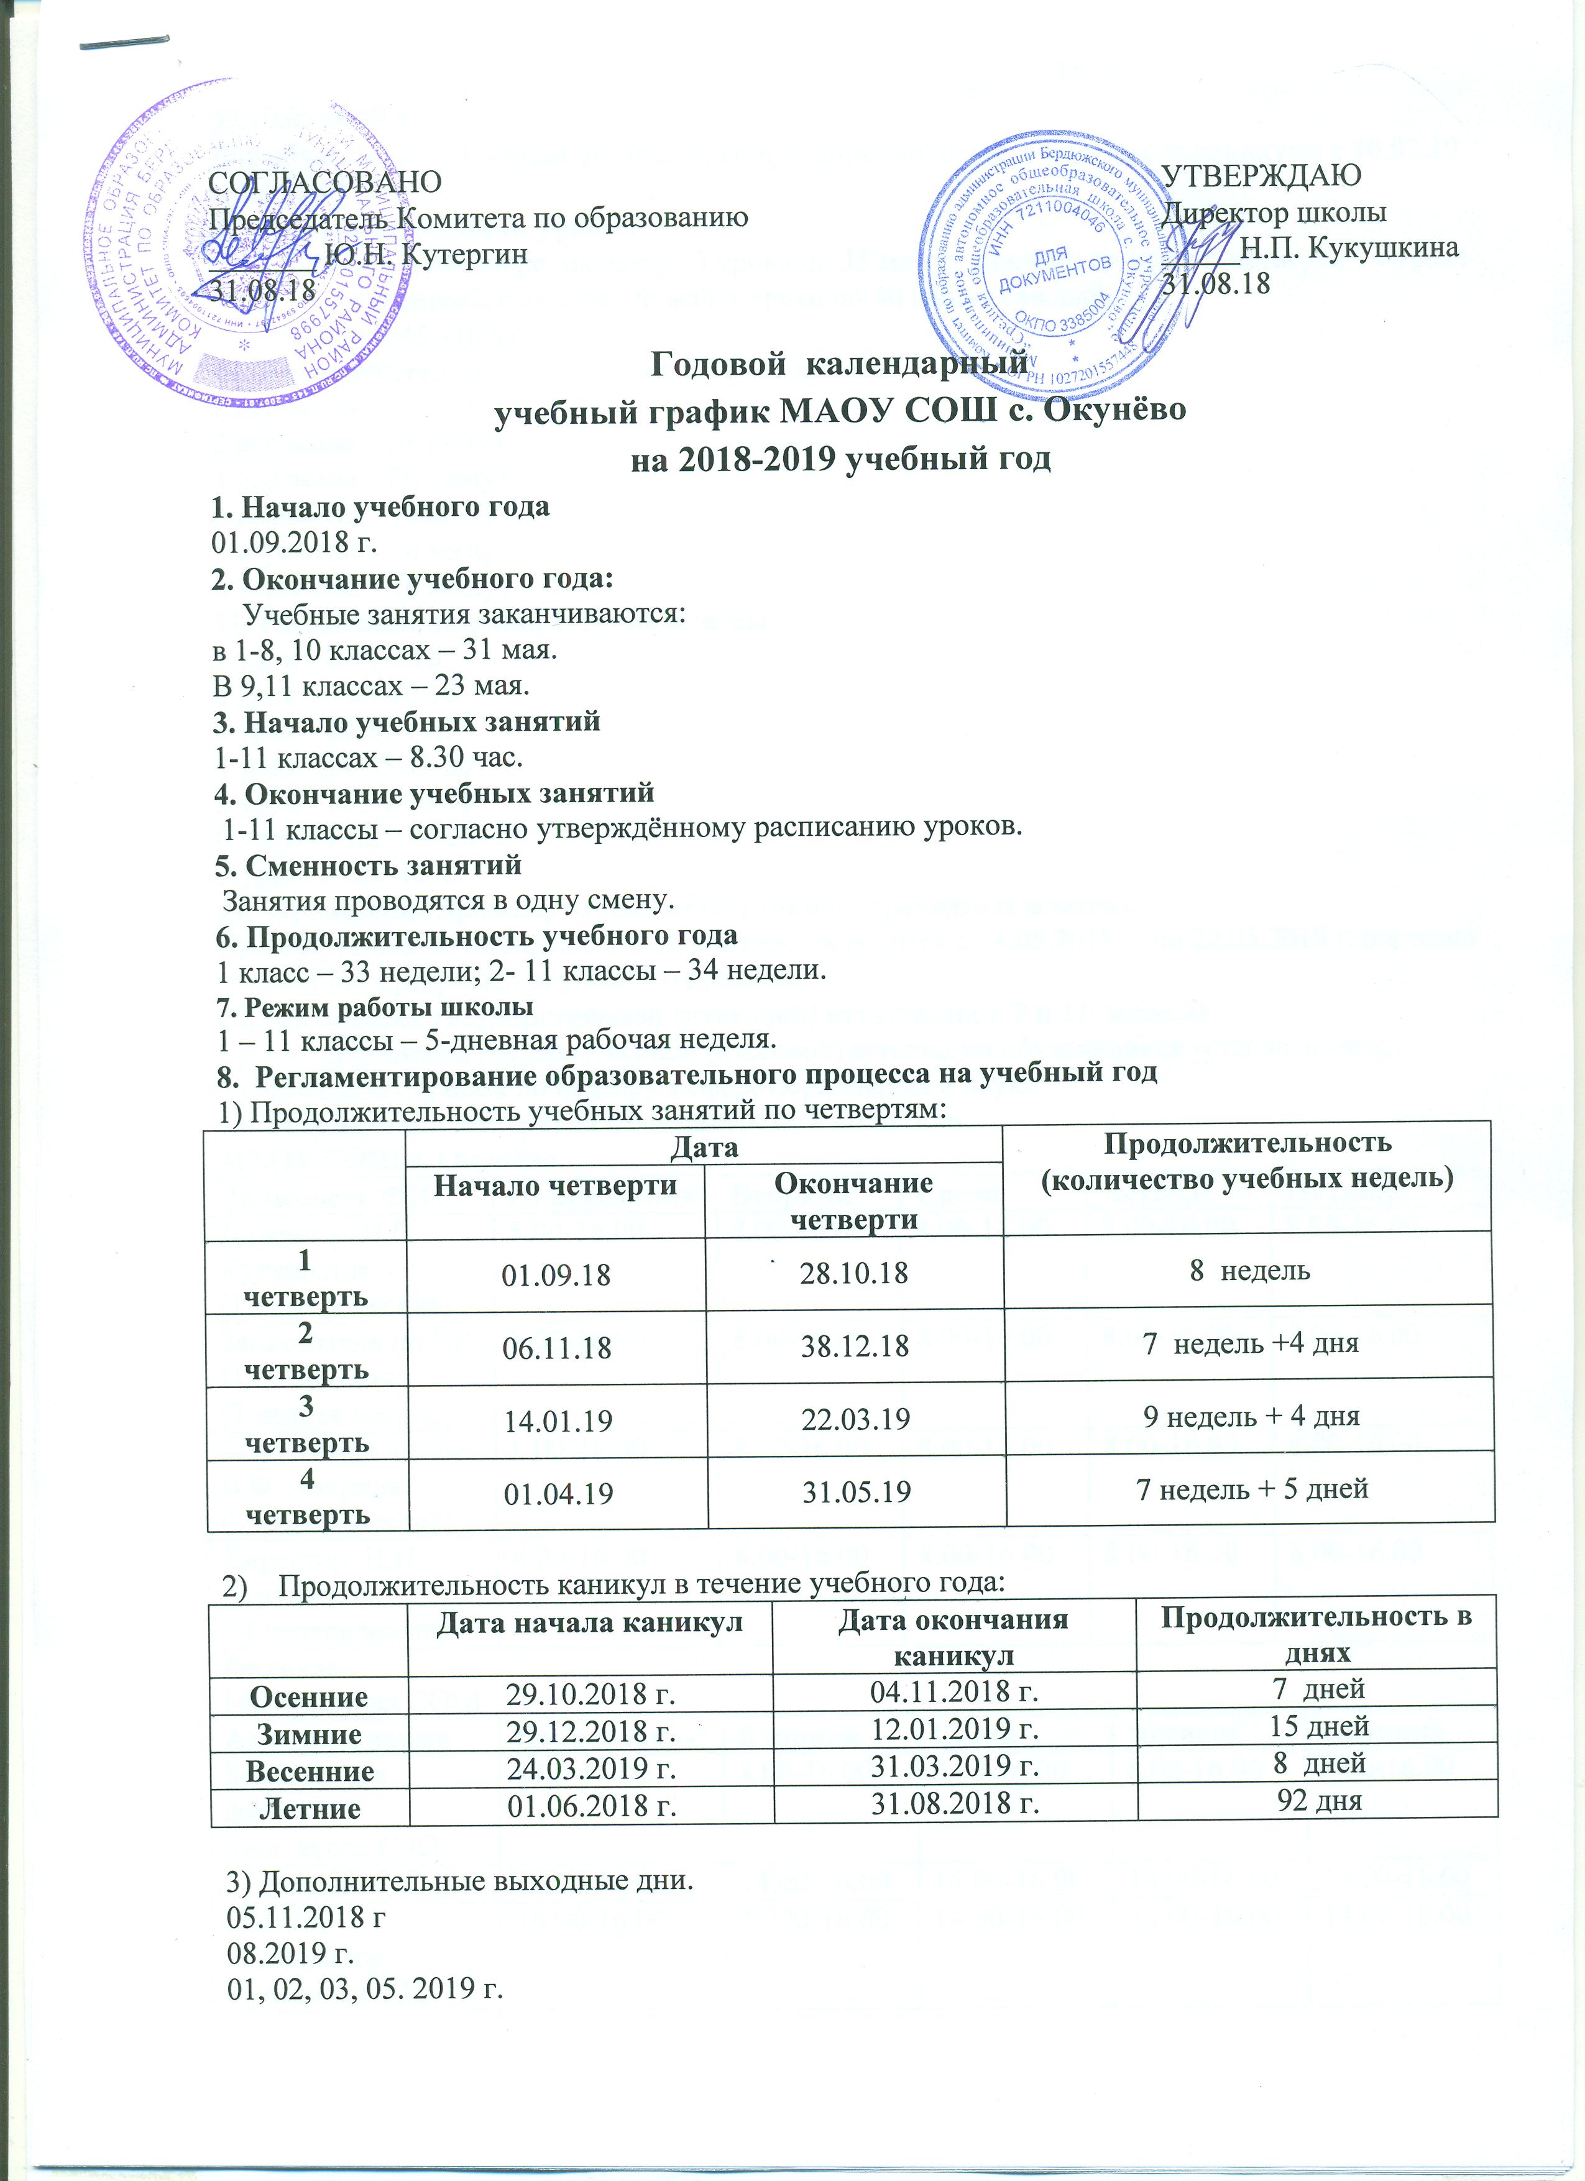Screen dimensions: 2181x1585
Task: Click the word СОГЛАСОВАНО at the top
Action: coord(325,181)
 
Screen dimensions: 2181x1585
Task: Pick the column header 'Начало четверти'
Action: coord(555,1186)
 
